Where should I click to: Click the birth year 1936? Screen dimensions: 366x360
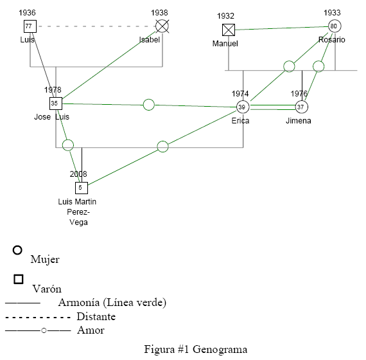[27, 13]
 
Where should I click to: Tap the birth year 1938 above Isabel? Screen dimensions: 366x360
[159, 13]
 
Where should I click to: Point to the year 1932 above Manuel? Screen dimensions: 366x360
[225, 16]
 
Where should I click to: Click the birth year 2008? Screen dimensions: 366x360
[78, 174]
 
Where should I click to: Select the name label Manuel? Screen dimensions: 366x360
[225, 44]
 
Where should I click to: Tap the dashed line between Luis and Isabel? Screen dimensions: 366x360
[96, 26]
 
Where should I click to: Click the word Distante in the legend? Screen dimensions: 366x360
[96, 316]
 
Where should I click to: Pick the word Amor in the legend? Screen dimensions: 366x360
[91, 330]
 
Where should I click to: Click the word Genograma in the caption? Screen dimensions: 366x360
[220, 350]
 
